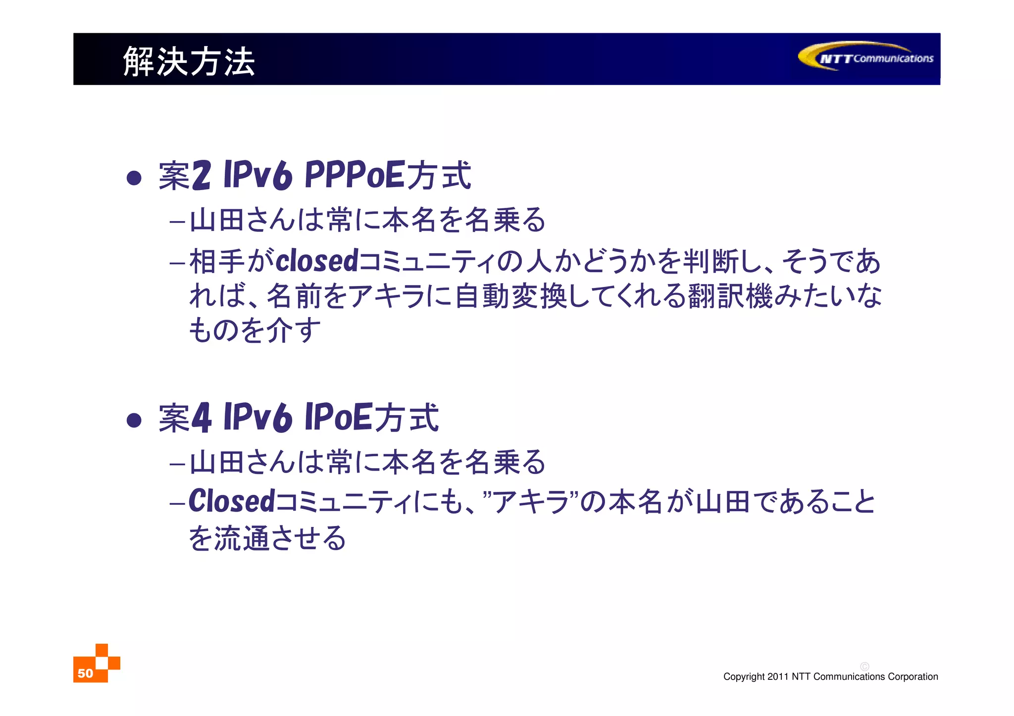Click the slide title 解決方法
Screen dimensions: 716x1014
point(189,61)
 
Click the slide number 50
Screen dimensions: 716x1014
point(85,673)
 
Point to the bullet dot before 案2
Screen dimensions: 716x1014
point(134,178)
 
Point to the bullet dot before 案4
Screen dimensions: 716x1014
point(134,421)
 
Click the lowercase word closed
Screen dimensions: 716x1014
point(317,261)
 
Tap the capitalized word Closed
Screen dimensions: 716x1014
point(231,501)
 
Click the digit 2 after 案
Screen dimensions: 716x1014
point(201,175)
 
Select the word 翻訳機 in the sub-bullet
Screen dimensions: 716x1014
point(730,296)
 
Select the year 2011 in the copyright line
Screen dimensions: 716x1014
point(778,676)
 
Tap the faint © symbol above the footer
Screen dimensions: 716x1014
point(864,667)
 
